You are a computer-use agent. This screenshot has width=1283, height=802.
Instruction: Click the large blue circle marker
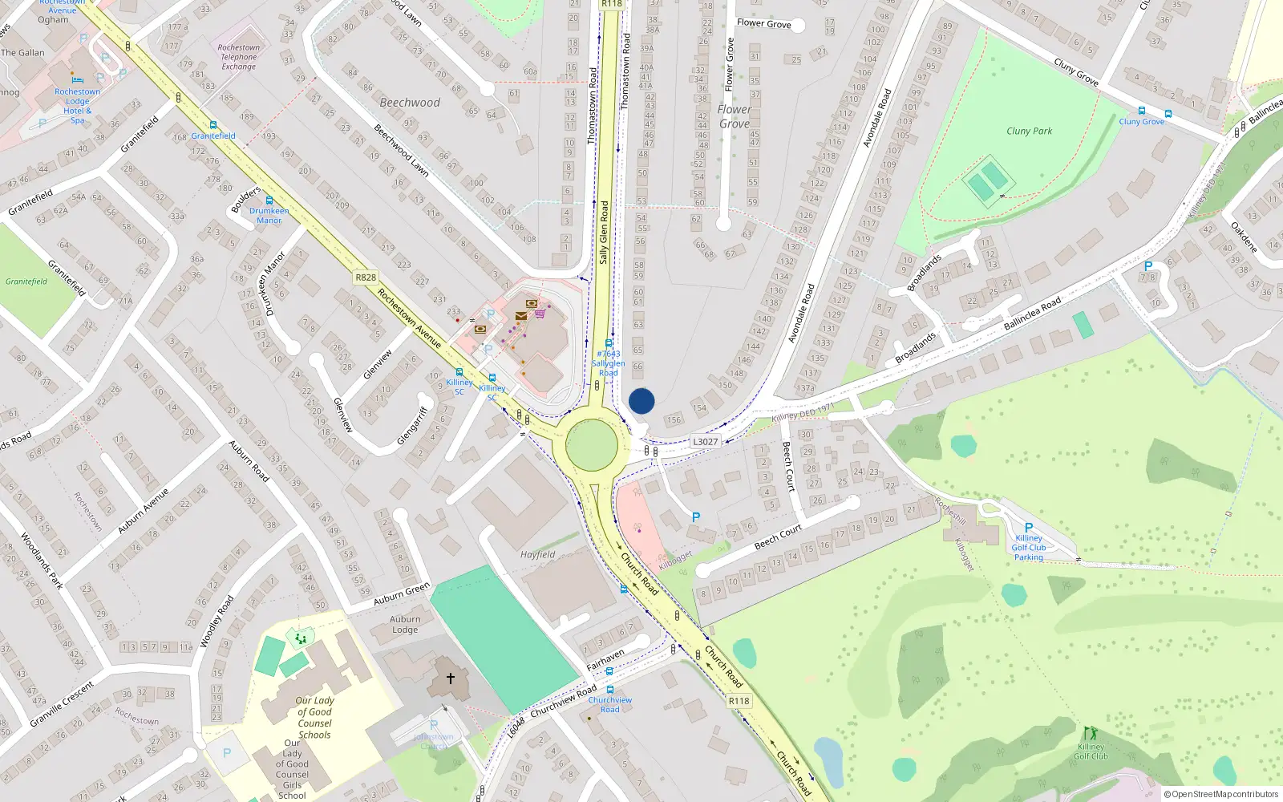click(641, 401)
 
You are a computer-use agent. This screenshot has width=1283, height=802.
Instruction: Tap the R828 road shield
click(366, 277)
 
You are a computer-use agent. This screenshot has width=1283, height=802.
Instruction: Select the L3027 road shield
click(705, 442)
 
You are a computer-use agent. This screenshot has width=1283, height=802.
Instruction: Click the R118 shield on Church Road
click(739, 701)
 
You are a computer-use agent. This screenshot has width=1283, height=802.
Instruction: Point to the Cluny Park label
click(1029, 131)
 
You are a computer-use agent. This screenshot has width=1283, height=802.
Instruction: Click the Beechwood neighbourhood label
click(410, 103)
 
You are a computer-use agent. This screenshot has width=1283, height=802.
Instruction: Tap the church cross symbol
click(451, 678)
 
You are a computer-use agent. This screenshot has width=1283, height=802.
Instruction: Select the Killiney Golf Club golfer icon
click(1090, 733)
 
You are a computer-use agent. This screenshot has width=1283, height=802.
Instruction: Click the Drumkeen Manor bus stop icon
click(269, 200)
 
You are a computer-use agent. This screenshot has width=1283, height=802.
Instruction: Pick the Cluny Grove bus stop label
click(1141, 122)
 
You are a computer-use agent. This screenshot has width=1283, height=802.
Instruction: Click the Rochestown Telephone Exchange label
click(239, 57)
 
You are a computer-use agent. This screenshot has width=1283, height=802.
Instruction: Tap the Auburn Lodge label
click(405, 624)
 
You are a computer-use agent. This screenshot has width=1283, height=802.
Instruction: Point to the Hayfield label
click(537, 554)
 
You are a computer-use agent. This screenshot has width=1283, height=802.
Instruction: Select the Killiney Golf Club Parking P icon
click(1028, 527)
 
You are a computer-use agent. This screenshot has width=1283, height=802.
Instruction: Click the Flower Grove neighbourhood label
click(735, 116)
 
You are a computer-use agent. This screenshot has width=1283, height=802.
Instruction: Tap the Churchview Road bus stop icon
click(610, 690)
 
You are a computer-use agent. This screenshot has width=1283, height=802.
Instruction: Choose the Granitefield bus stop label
click(213, 136)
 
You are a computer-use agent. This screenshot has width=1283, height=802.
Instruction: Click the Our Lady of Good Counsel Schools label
click(314, 717)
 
